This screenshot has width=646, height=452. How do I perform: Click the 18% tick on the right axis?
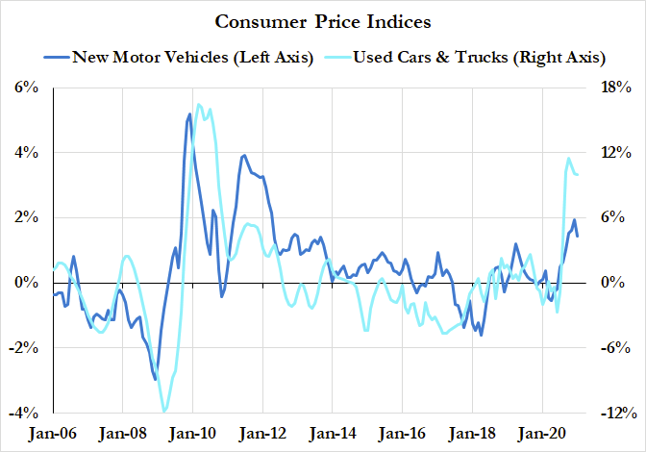tap(615, 88)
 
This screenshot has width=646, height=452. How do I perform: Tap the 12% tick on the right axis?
tap(615, 153)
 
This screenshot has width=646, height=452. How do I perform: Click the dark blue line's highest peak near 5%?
tap(190, 114)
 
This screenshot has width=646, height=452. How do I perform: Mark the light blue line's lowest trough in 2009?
tap(164, 411)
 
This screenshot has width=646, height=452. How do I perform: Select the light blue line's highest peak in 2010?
tap(199, 105)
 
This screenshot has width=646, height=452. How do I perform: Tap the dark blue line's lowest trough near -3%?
tap(156, 379)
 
